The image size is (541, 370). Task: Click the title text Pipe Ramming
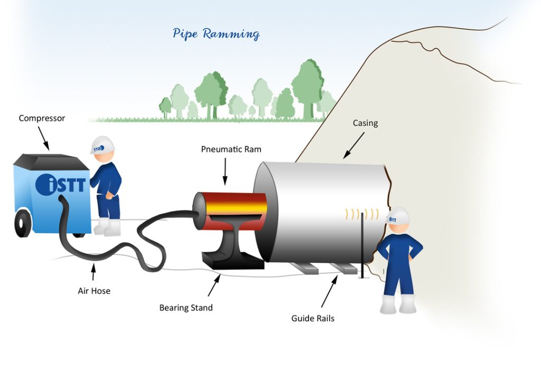[216, 34]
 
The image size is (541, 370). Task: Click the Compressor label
[42, 118]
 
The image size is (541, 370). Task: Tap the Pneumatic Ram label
[231, 149]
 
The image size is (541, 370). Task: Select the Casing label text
[365, 123]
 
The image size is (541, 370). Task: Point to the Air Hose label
[94, 290]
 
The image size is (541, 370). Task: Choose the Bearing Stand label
[186, 307]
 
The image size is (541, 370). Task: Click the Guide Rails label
[313, 318]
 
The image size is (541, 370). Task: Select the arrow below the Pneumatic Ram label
[225, 172]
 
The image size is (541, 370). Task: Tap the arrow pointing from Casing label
[353, 145]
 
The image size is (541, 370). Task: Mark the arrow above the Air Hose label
[94, 272]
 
